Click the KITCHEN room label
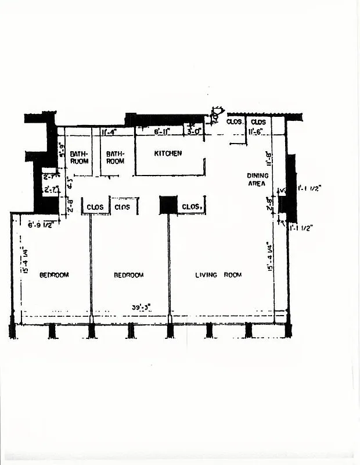168,153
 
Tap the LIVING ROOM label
218,274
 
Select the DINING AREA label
257,179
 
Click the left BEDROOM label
54,274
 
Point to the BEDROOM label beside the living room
128,274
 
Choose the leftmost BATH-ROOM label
79,157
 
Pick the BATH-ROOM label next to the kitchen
115,157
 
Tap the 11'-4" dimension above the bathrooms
109,132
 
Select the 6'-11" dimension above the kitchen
162,132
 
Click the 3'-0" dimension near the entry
193,132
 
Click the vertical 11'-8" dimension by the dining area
269,158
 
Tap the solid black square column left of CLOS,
168,205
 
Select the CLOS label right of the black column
191,206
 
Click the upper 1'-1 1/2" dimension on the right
309,188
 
